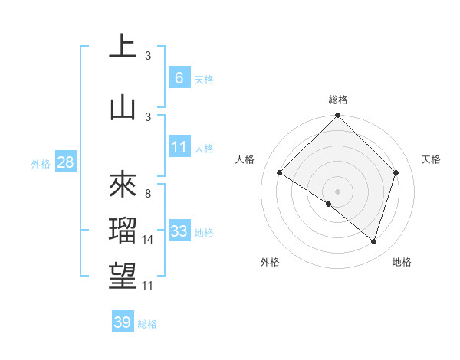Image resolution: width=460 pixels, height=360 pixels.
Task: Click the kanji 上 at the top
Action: point(123,45)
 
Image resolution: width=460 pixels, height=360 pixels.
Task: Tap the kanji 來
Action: point(123,183)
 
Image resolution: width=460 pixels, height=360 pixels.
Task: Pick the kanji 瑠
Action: point(123,231)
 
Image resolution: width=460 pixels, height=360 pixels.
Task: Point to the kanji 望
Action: point(123,277)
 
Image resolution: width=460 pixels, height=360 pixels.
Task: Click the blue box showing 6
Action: point(179,77)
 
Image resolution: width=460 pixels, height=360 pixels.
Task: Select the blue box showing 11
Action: point(179,148)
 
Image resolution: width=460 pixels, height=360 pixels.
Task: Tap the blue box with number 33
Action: point(179,231)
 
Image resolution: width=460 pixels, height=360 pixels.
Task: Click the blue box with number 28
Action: point(65,163)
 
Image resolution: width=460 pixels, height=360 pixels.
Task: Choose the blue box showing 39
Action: point(122,322)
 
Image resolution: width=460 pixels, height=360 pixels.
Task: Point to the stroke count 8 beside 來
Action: point(147,194)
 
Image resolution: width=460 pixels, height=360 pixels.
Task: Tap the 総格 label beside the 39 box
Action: point(147,324)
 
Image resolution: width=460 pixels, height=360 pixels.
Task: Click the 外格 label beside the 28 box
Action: point(41,164)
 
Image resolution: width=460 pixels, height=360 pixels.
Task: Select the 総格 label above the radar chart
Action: point(338,100)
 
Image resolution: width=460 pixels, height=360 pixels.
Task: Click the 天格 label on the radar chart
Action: point(432,159)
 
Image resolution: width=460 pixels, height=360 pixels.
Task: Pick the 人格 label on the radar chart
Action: point(245,159)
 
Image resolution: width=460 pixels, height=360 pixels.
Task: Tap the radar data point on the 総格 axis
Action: point(337,116)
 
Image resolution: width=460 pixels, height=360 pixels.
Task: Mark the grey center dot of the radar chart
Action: point(337,191)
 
